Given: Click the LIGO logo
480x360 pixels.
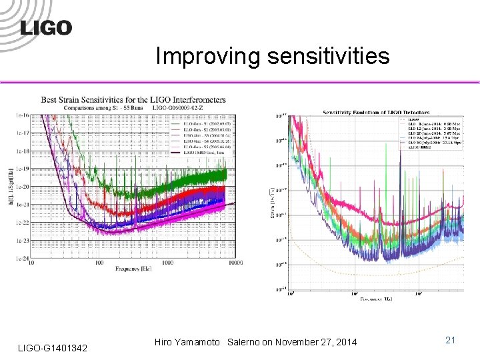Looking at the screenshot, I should (46, 27).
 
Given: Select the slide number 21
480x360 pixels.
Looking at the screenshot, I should (450, 341).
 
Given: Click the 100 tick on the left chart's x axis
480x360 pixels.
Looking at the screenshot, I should (99, 263).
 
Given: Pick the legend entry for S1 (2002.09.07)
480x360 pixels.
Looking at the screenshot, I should (199, 124).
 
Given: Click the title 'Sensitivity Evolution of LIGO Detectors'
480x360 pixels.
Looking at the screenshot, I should (376, 113).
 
